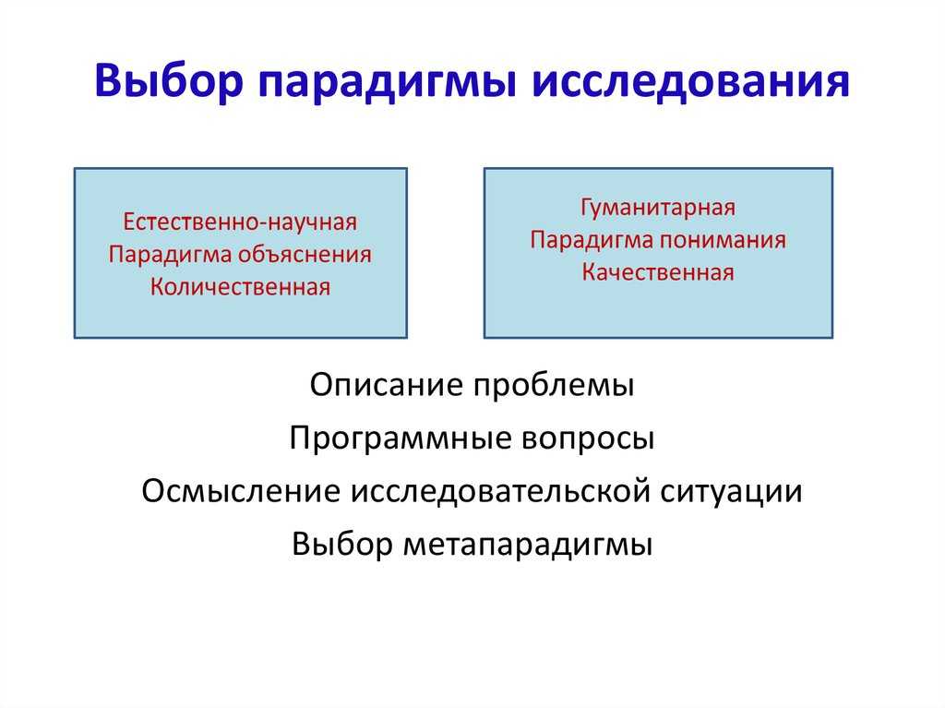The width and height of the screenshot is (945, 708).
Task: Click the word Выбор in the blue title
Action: point(168,81)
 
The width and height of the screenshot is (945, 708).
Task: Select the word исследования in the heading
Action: point(690,81)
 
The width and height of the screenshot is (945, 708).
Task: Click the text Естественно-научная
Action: point(240,222)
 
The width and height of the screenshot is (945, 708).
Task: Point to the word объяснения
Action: point(305,255)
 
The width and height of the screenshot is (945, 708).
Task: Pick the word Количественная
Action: point(240,286)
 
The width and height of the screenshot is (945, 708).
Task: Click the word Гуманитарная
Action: point(658,208)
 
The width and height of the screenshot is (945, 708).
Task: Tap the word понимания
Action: point(722,240)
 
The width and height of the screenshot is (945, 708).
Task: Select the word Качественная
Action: point(658,272)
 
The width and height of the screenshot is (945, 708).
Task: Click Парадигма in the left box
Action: point(171,256)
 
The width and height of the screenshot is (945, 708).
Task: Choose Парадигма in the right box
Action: point(592,241)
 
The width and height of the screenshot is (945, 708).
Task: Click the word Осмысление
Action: point(242,491)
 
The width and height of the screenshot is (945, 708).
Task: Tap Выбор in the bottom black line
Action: point(342,544)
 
